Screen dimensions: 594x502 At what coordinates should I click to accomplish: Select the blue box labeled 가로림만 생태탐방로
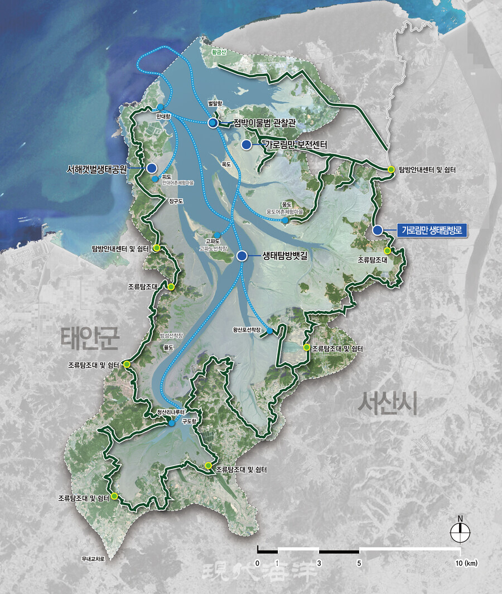coord(432,230)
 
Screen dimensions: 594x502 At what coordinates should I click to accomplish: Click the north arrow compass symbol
coord(460,533)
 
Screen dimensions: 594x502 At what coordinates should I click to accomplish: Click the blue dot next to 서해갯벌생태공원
coord(151,167)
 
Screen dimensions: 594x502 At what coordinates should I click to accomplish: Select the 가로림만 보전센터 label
coord(295,145)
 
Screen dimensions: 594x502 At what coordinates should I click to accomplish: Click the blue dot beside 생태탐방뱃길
coord(242,256)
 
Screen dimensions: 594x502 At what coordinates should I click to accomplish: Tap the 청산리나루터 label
coord(171,413)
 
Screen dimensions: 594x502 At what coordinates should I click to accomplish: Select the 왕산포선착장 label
coord(247,330)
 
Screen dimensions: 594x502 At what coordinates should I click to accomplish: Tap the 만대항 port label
coord(163,116)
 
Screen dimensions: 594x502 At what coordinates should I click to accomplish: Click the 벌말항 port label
coord(215,104)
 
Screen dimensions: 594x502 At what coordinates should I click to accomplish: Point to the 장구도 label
coord(175,199)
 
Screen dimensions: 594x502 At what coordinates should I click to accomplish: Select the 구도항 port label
coord(190,423)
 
